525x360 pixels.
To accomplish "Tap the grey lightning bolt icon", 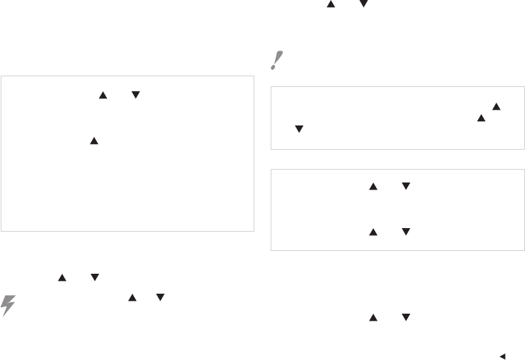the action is point(9,304).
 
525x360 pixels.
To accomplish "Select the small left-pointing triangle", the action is point(502,355).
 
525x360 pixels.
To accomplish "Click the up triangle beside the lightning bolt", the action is point(131,298).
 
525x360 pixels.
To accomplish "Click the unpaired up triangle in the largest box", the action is point(93,142).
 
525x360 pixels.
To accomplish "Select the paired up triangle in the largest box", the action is point(102,94).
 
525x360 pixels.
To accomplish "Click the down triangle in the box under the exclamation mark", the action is point(299,129).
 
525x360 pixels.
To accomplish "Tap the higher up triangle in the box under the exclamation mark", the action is point(497,106).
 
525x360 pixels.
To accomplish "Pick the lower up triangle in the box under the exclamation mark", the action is point(481,117).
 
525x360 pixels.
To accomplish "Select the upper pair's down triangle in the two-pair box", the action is point(405,186).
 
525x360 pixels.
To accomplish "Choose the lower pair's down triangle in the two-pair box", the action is point(405,231).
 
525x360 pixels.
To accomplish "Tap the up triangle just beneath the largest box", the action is point(62,279).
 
